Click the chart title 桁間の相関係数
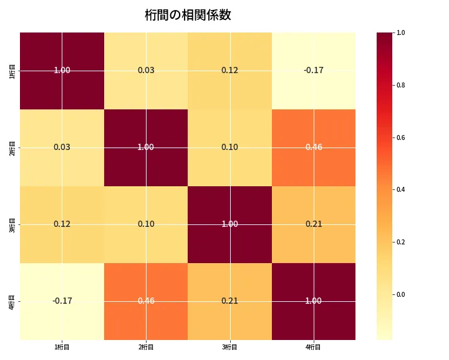[x=188, y=15]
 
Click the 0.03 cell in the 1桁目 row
[x=146, y=70]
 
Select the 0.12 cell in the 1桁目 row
[x=229, y=70]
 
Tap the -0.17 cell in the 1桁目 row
[x=314, y=70]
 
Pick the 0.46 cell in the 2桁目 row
[x=314, y=147]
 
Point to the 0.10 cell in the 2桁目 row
[x=229, y=147]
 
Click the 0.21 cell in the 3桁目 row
[x=314, y=224]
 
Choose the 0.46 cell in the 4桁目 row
[x=146, y=301]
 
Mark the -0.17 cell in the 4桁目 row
[x=62, y=301]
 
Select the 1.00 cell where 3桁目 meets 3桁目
[x=229, y=224]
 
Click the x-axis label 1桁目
[x=62, y=347]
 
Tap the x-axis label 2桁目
[x=146, y=347]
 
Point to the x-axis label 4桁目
[x=314, y=347]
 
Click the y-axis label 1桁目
[x=12, y=70]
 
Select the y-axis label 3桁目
[x=12, y=224]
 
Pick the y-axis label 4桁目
[x=12, y=301]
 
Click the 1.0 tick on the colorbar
[x=400, y=32]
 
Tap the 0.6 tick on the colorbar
[x=400, y=137]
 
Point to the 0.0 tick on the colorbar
[x=400, y=294]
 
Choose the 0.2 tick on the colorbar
[x=400, y=242]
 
